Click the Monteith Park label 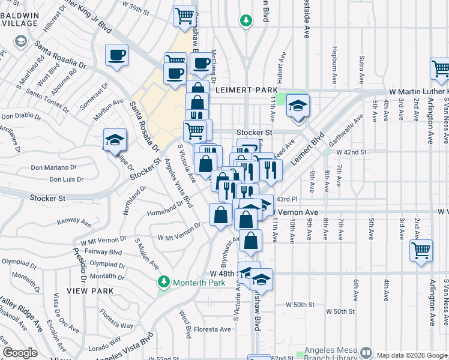click(x=199, y=282)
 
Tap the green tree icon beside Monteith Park click(x=163, y=281)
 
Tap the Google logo click(x=20, y=353)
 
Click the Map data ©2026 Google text click(x=410, y=354)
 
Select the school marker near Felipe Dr click(x=115, y=140)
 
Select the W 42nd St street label click(x=351, y=152)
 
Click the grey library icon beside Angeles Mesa click(x=301, y=354)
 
